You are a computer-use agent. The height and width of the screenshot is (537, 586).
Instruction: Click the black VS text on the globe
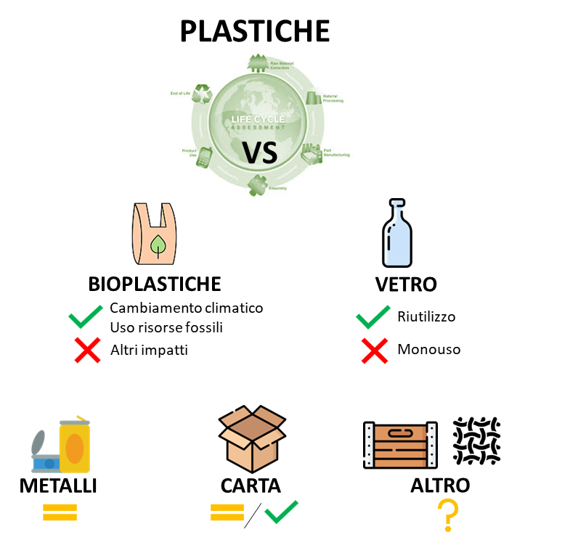pos(260,152)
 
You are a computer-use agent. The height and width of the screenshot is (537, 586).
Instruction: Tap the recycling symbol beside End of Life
pos(202,94)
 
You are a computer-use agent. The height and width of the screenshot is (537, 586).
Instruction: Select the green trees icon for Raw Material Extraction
pos(258,63)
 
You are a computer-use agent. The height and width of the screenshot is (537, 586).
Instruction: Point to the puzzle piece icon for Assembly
pos(256,185)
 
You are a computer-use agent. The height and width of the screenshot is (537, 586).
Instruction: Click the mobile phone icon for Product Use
pos(204,157)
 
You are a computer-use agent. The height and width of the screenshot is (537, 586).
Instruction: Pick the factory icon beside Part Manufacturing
pos(312,153)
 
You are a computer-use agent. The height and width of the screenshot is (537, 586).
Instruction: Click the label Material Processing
pos(333,98)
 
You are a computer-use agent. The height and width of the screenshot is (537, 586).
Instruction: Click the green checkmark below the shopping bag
pos(86,316)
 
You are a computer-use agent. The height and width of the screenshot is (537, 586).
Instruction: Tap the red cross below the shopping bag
pos(87,351)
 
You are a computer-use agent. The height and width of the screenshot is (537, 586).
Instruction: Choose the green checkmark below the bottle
pos(373,316)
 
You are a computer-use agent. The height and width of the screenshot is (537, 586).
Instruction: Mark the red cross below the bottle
pos(375,351)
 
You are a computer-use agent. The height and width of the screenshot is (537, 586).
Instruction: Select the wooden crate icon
pos(400,445)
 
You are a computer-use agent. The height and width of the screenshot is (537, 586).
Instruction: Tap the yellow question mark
pos(448,515)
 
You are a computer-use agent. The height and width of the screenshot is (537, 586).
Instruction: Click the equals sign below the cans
pos(60,512)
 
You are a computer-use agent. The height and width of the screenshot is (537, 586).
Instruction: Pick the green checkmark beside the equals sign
pos(281,512)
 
